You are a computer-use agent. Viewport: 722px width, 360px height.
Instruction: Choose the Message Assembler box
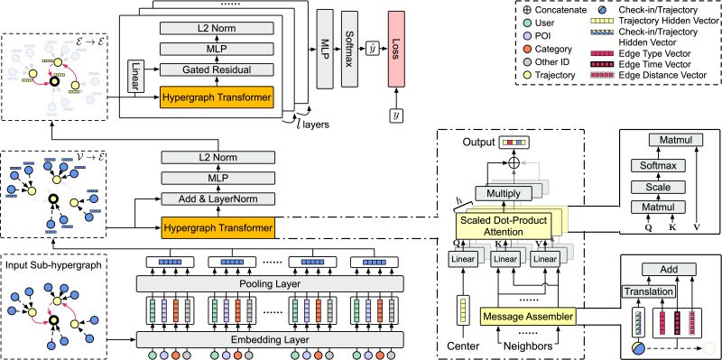(527, 316)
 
